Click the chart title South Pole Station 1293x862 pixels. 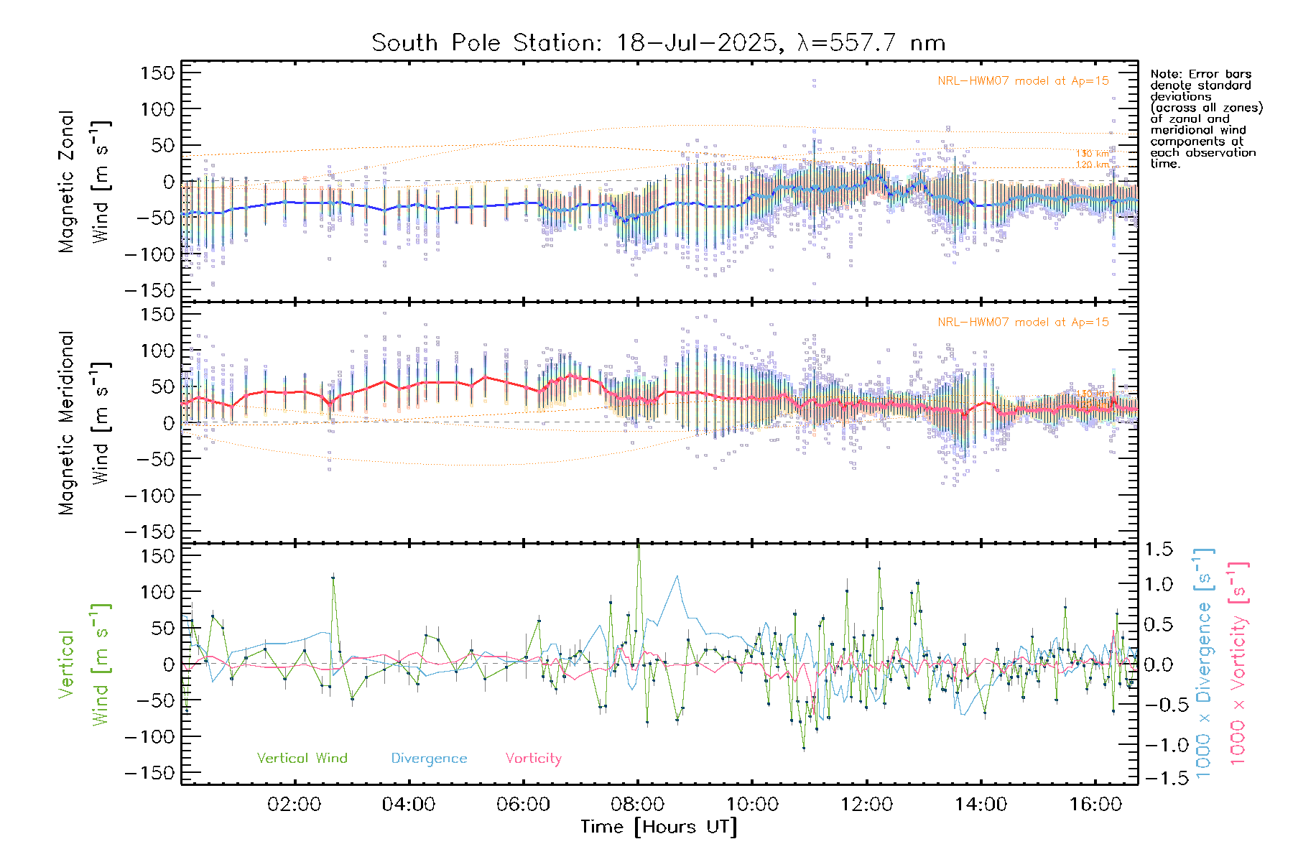pos(657,43)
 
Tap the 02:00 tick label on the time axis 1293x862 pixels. pos(294,805)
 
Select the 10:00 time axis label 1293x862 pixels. pos(752,805)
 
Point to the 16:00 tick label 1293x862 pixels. pos(1095,805)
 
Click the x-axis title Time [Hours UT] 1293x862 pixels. pos(659,828)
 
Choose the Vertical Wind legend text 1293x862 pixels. pos(302,759)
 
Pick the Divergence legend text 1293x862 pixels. pos(429,759)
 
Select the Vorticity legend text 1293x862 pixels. pos(533,759)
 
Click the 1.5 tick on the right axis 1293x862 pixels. pos(1159,550)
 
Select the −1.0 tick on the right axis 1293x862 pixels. pos(1159,745)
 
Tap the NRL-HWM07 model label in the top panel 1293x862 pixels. pos(1023,81)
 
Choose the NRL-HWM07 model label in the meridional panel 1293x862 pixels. pos(1023,323)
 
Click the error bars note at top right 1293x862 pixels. pos(1205,119)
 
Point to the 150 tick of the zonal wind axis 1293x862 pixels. pos(158,73)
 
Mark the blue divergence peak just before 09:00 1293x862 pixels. pos(677,576)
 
